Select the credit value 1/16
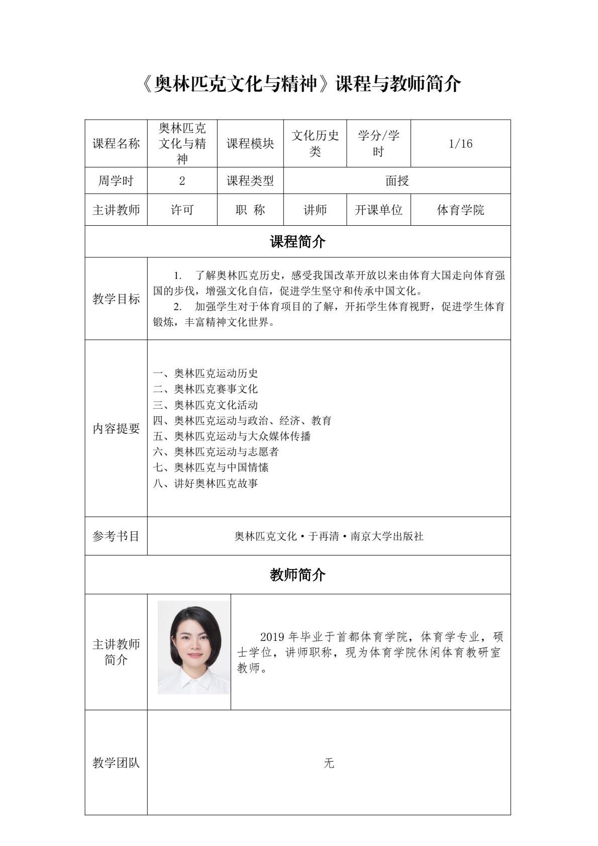[x=460, y=144]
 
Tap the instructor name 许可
[x=182, y=210]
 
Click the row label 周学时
[x=116, y=181]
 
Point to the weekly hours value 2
[x=182, y=181]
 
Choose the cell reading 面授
[x=397, y=181]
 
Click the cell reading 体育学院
[x=460, y=210]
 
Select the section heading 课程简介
[x=297, y=242]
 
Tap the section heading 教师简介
[x=297, y=575]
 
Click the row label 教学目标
[x=116, y=299]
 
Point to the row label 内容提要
[x=116, y=429]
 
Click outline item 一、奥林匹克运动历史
[x=206, y=373]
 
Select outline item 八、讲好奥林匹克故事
[x=206, y=483]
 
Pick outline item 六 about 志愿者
[x=216, y=451]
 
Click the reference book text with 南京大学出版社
[x=329, y=536]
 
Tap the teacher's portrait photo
[x=193, y=647]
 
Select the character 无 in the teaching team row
[x=329, y=763]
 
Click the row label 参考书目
[x=116, y=536]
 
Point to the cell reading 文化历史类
[x=315, y=144]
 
